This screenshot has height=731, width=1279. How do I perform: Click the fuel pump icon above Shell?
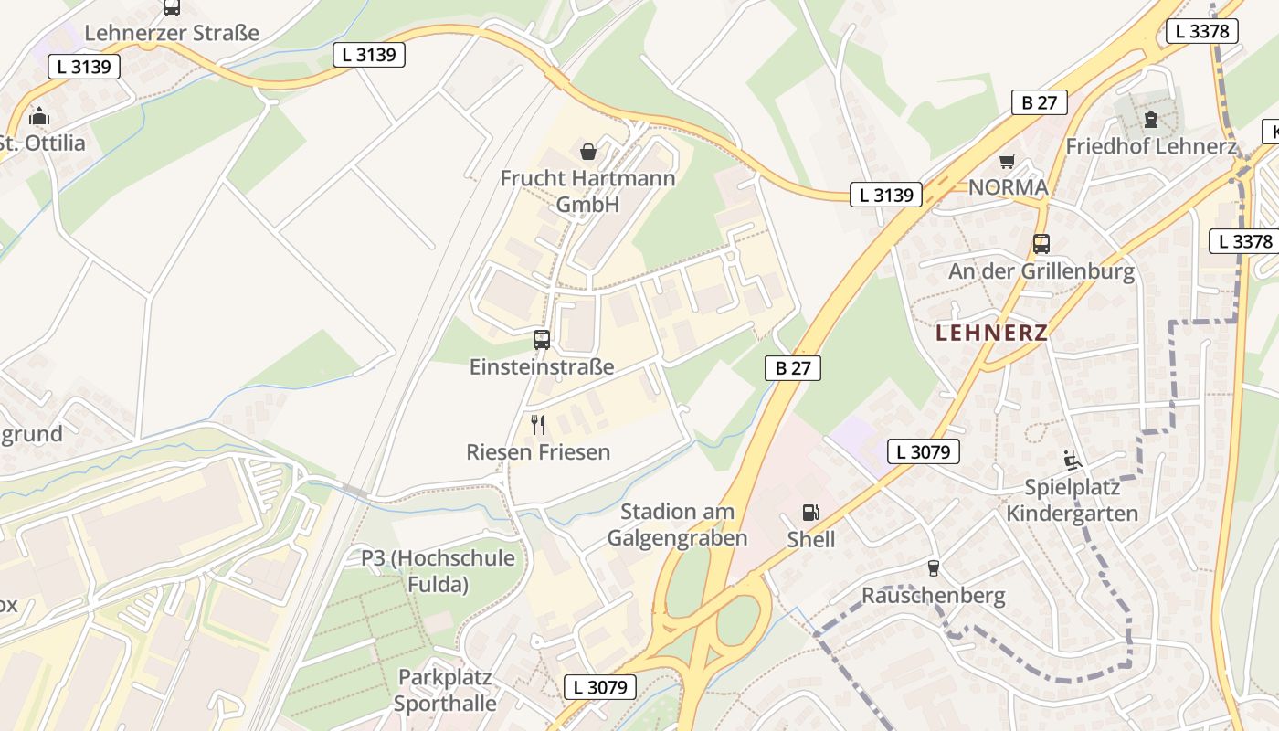tap(810, 513)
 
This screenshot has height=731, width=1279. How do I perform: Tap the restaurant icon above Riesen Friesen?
tap(538, 425)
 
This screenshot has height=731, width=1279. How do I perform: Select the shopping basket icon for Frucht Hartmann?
tap(588, 151)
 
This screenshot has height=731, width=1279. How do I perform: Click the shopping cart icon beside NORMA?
tap(1007, 162)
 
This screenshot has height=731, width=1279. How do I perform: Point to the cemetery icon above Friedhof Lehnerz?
tap(1150, 120)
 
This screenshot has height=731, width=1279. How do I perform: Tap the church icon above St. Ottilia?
tap(39, 117)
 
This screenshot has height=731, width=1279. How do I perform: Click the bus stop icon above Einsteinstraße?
tap(542, 340)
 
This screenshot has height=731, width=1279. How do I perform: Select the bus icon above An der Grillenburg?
tap(1041, 244)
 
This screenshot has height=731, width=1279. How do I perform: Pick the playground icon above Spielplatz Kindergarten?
tap(1073, 461)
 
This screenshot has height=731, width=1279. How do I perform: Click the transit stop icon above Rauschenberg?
tap(933, 568)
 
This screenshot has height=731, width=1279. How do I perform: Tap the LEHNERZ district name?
tap(991, 333)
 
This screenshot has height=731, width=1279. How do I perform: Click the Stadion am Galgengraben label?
tap(677, 524)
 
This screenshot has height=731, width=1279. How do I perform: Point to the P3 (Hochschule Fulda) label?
tap(438, 570)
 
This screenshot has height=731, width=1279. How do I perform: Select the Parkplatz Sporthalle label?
tap(445, 690)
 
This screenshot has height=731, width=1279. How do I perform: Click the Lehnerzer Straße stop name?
tap(172, 33)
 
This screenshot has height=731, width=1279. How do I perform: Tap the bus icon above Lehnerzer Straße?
tap(172, 7)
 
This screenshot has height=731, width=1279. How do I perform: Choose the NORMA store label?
tap(1008, 187)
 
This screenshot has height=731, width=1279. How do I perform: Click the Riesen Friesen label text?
tap(538, 451)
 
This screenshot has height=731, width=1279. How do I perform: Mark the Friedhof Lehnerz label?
tap(1151, 146)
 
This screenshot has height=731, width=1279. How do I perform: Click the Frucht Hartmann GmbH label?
tap(587, 190)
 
